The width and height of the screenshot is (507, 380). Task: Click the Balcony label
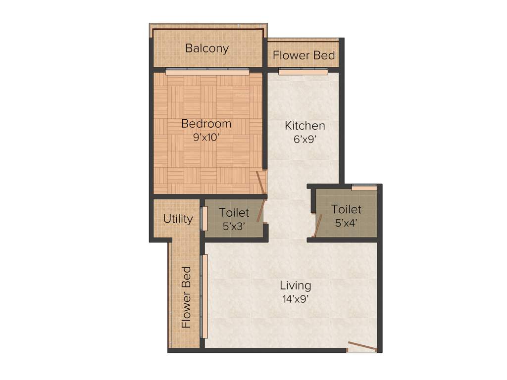(207, 48)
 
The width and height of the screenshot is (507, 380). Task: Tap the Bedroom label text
(206, 124)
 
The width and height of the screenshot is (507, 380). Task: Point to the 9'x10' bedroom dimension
(206, 138)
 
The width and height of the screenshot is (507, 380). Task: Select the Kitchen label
(304, 126)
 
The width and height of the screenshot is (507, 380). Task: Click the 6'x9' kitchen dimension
(304, 140)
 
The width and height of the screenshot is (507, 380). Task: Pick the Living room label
(295, 285)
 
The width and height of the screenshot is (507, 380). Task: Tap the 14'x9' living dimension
(295, 299)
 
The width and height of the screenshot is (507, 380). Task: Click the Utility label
(178, 219)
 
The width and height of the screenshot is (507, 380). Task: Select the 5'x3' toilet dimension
(234, 226)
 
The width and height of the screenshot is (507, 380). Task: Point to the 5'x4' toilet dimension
(346, 223)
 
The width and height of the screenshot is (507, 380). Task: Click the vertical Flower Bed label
(186, 297)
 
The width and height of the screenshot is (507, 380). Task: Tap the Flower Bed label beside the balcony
(304, 55)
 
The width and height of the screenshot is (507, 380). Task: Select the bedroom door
(260, 183)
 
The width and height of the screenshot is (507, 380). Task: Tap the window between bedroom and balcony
(207, 72)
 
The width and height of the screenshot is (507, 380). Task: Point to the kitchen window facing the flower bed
(303, 72)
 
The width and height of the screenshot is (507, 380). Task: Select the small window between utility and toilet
(203, 218)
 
